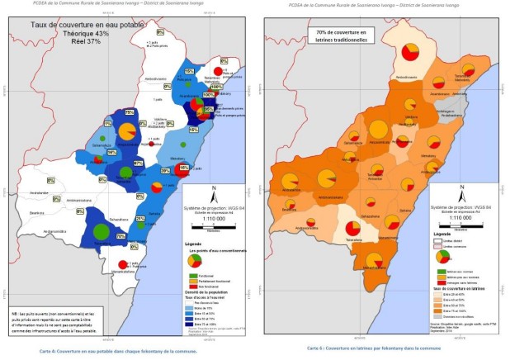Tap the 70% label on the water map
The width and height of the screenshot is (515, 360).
pos(120,236)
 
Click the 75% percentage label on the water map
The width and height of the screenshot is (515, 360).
pos(130,112)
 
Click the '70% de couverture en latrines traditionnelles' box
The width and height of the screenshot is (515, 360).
pos(344,35)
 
